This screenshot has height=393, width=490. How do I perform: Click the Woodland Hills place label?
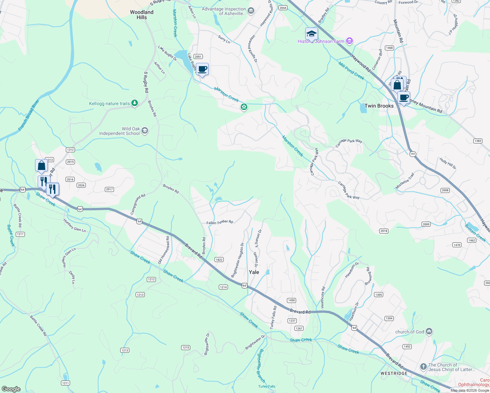141,15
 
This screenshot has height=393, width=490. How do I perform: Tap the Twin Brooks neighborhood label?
379,106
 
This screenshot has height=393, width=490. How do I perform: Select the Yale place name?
254,272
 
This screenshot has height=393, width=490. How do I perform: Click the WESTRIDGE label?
394,373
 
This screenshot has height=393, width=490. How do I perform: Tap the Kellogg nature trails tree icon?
134,103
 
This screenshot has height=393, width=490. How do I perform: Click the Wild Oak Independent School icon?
145,131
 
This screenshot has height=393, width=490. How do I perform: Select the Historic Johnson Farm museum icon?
349,41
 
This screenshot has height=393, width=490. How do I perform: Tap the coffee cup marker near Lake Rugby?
202,69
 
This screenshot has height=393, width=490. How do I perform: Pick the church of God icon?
429,332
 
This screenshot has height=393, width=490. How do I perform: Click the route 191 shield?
413,154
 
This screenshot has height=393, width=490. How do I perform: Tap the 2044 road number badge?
283,8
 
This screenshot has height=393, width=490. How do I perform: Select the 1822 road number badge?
219,260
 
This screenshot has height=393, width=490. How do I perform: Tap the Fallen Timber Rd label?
219,222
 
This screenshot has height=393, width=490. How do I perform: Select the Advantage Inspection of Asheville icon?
251,11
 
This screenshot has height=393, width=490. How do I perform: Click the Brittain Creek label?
475,233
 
